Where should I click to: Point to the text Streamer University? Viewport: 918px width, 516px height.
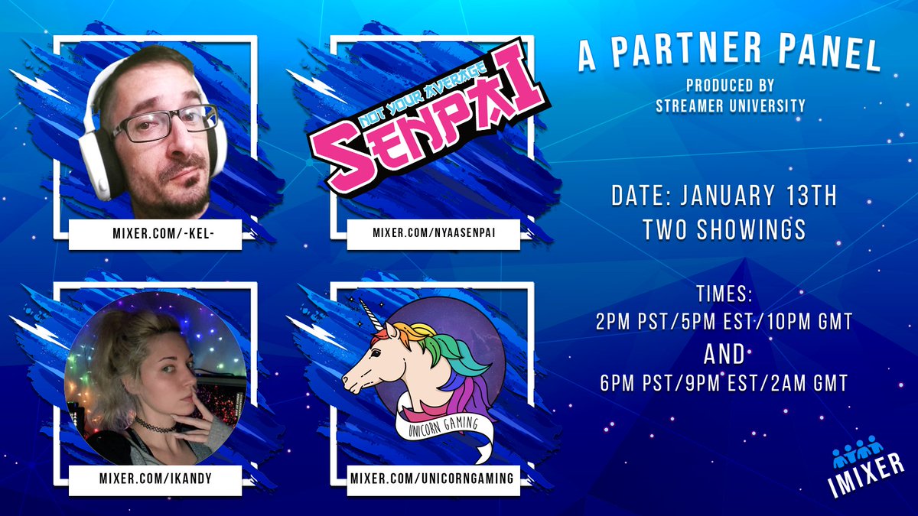click(731, 105)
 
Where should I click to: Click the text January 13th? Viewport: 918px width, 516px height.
click(769, 196)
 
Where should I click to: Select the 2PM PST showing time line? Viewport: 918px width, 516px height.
click(724, 322)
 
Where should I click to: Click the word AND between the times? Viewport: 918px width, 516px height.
click(724, 354)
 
